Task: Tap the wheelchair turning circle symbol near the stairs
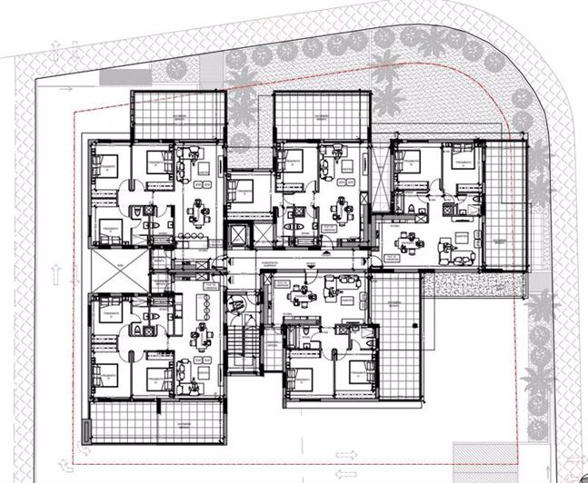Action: (234, 307)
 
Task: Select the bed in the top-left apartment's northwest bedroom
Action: (107, 168)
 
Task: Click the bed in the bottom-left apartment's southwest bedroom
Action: (107, 375)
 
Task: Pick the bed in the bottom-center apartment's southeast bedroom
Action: (356, 374)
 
